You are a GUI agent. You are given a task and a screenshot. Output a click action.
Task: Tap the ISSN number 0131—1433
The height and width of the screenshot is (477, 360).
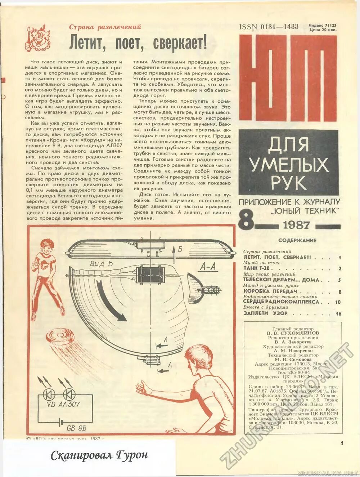click(269, 26)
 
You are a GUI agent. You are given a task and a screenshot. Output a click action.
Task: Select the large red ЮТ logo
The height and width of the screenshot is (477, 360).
click(288, 79)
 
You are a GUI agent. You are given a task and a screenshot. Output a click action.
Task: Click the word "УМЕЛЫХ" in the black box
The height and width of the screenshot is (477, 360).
click(288, 165)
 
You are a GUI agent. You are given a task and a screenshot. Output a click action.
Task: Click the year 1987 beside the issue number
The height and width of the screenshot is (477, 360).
click(296, 225)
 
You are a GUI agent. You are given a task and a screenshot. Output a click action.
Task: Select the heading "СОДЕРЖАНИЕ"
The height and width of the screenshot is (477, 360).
click(297, 240)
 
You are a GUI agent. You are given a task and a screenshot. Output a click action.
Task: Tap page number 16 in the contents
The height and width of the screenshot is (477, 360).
click(338, 314)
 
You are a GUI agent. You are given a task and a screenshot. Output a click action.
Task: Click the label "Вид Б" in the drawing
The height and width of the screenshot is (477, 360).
click(101, 264)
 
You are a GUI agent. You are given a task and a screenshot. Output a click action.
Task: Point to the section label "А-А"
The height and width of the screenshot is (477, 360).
click(208, 267)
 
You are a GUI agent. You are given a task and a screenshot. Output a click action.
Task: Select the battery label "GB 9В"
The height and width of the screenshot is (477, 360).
click(76, 428)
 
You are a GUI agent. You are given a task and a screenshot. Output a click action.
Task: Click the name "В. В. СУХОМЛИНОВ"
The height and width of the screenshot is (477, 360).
click(293, 333)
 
